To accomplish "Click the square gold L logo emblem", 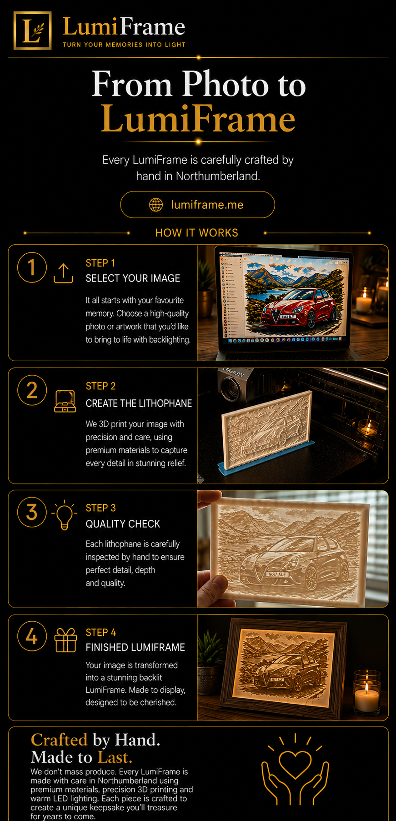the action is (32, 30).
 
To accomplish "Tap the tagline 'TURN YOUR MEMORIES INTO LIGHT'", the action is (124, 45).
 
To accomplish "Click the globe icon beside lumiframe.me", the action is (156, 205).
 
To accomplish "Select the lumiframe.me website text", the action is (207, 205).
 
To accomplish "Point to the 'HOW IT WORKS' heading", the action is (197, 233).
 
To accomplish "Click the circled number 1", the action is (32, 267).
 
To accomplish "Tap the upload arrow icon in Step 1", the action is (63, 273).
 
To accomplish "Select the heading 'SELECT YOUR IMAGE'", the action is (133, 278).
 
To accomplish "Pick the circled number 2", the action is (32, 390).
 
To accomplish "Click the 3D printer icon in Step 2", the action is (65, 401).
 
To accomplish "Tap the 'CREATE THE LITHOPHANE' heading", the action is (139, 403).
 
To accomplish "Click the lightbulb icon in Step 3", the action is (64, 515).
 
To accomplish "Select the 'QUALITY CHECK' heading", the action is (123, 524).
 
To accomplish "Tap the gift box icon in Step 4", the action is (65, 640).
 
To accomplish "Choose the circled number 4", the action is (32, 636).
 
